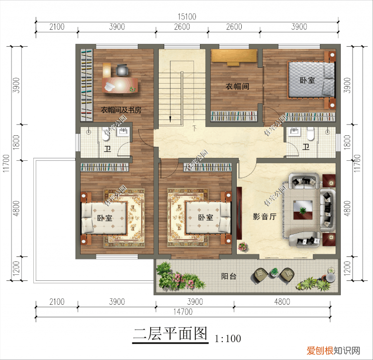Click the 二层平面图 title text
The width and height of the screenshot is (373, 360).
pos(170,335)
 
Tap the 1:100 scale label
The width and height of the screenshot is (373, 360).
pos(228,339)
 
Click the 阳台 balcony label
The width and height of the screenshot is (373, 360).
pos(228,277)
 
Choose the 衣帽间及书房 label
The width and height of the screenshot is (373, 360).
pos(121,110)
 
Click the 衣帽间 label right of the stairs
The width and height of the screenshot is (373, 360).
pos(237,86)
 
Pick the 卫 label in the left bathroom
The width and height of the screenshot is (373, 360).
pos(107,148)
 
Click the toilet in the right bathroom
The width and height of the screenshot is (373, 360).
pos(310,134)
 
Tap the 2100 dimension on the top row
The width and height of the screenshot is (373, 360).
pos(57,27)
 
